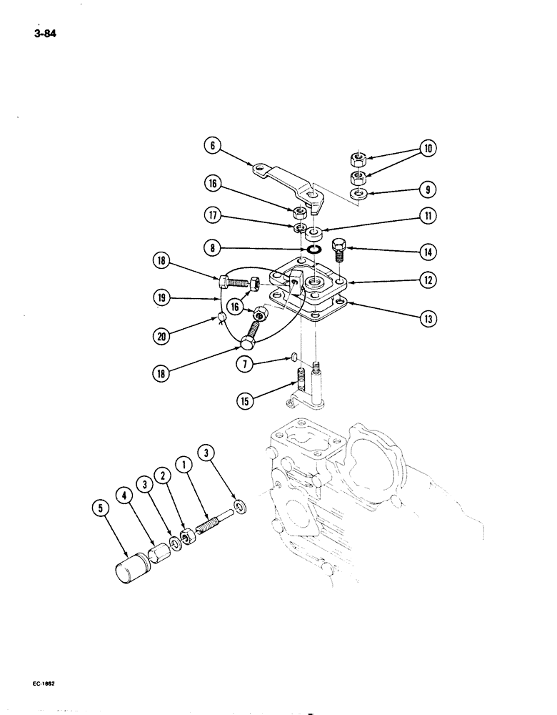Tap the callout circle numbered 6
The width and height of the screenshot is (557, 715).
[210, 145]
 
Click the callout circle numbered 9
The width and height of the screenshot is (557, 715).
[427, 191]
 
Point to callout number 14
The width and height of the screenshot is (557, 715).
[428, 252]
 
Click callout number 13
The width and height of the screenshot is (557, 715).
[427, 318]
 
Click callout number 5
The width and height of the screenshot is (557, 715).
[100, 508]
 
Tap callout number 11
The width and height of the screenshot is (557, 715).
[427, 215]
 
